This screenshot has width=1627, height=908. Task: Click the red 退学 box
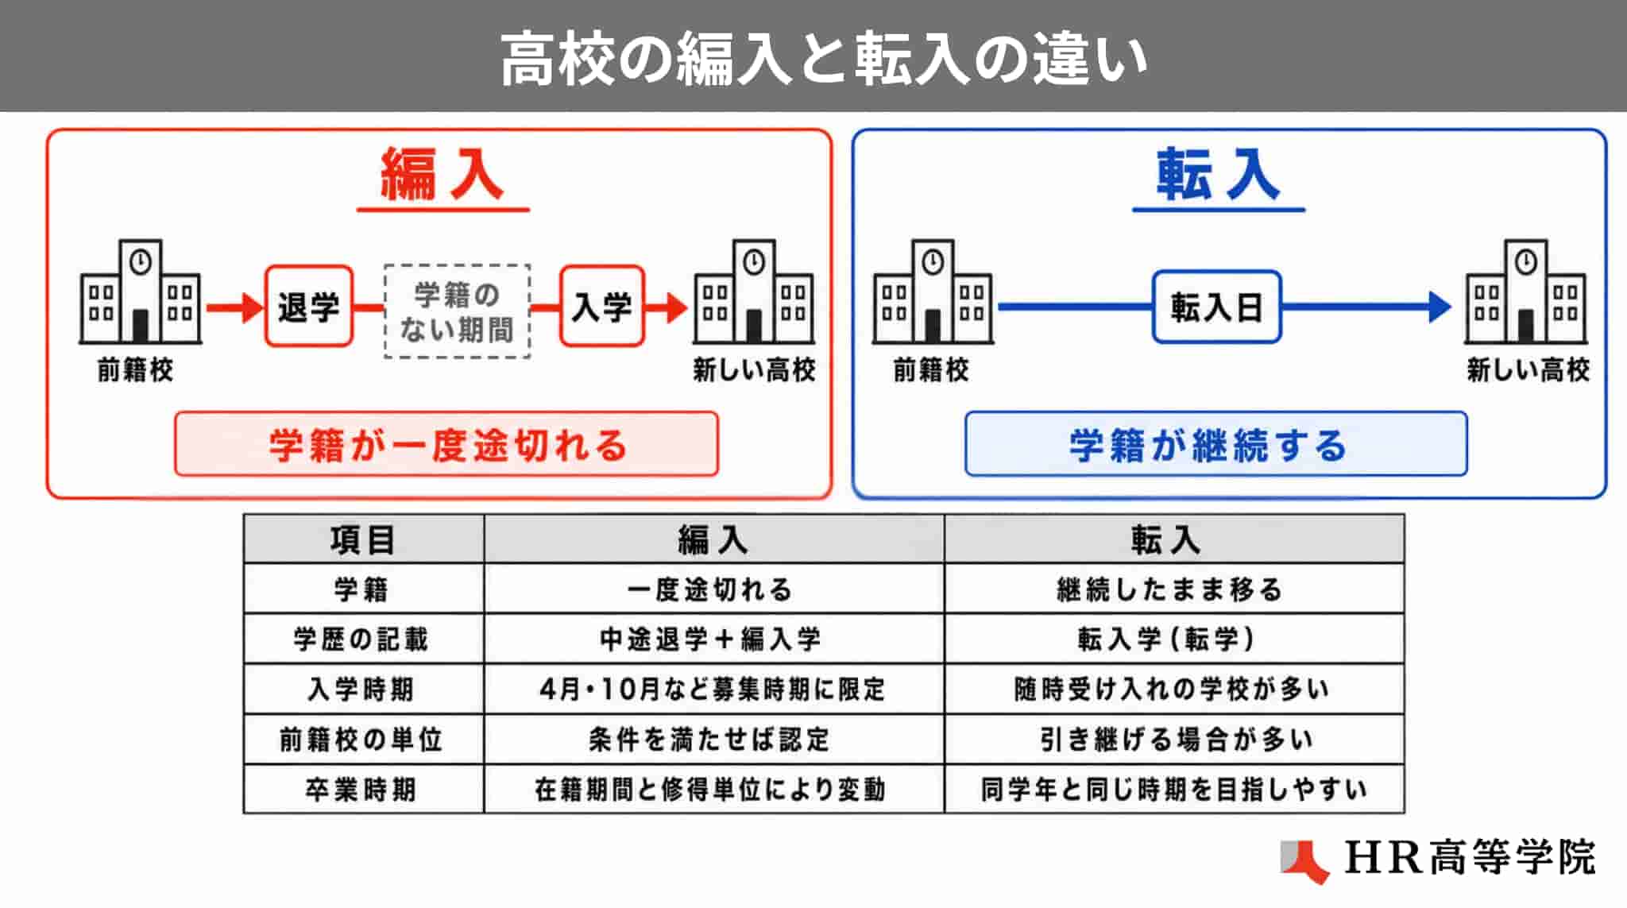tap(308, 306)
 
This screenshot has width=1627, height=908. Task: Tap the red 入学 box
tap(601, 306)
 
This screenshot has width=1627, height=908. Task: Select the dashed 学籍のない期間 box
tap(457, 311)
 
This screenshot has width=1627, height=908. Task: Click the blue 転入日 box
tap(1216, 307)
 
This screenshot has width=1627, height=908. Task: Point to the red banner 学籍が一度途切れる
tap(446, 444)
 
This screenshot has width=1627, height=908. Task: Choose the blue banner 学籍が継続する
tap(1215, 444)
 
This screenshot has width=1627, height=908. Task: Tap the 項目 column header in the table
tap(363, 540)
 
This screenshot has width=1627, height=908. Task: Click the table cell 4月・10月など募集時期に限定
tap(713, 689)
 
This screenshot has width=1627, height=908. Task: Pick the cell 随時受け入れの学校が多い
tap(1173, 689)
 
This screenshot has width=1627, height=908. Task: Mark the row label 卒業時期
tap(363, 789)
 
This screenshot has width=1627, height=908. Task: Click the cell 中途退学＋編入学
tap(713, 639)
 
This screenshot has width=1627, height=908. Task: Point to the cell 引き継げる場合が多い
tap(1173, 739)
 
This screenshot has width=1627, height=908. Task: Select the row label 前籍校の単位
tap(363, 739)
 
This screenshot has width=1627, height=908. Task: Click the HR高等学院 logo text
tap(1470, 858)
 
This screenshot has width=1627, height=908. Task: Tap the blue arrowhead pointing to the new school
tap(1440, 307)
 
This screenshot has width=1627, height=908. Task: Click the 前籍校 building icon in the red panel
tap(140, 292)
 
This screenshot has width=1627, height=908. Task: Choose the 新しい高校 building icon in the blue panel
tap(1526, 292)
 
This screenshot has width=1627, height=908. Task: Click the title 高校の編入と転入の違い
tap(824, 58)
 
